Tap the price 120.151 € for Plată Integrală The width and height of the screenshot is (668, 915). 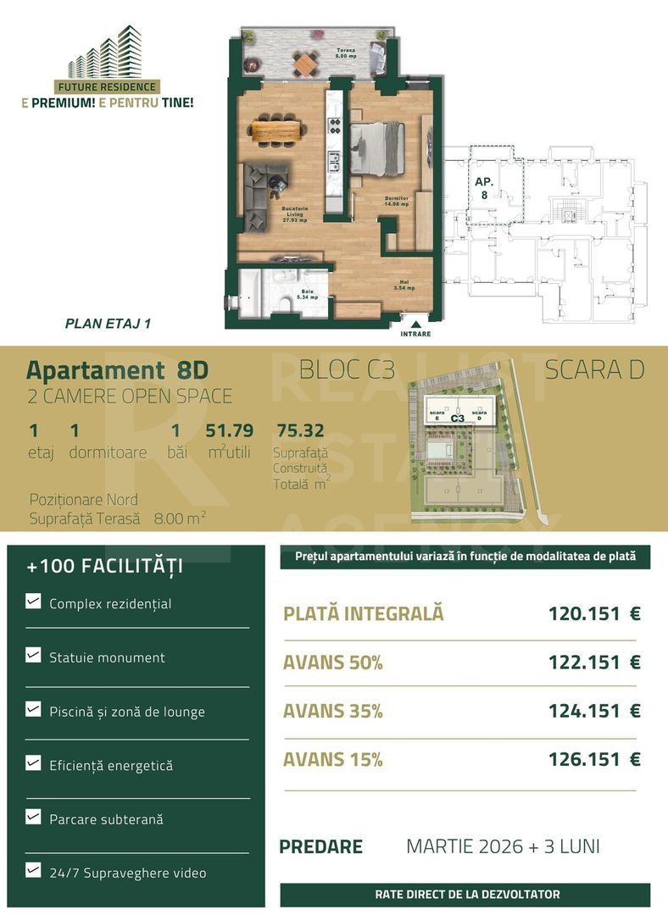pyautogui.click(x=594, y=613)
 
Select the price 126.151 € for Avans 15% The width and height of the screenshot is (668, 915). pyautogui.click(x=594, y=759)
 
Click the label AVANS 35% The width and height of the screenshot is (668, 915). pyautogui.click(x=333, y=712)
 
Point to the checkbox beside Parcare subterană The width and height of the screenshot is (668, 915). pyautogui.click(x=33, y=818)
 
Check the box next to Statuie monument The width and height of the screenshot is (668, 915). pyautogui.click(x=33, y=655)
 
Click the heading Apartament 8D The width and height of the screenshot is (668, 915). pyautogui.click(x=117, y=370)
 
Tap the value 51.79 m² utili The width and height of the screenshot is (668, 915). pyautogui.click(x=229, y=431)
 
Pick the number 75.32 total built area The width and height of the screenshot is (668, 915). pyautogui.click(x=300, y=431)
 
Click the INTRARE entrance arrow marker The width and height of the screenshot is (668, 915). pyautogui.click(x=415, y=323)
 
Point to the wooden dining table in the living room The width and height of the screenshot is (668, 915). pyautogui.click(x=276, y=130)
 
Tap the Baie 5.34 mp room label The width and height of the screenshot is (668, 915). pyautogui.click(x=308, y=296)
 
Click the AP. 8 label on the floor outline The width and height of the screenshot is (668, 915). pyautogui.click(x=484, y=188)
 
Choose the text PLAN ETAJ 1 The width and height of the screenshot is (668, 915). pyautogui.click(x=108, y=323)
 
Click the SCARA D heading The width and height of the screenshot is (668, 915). pyautogui.click(x=594, y=370)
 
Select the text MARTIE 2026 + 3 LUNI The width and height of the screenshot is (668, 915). pyautogui.click(x=503, y=846)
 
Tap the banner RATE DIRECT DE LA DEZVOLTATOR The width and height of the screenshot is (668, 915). pyautogui.click(x=467, y=894)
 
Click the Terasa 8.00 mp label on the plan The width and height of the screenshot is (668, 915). pyautogui.click(x=346, y=53)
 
